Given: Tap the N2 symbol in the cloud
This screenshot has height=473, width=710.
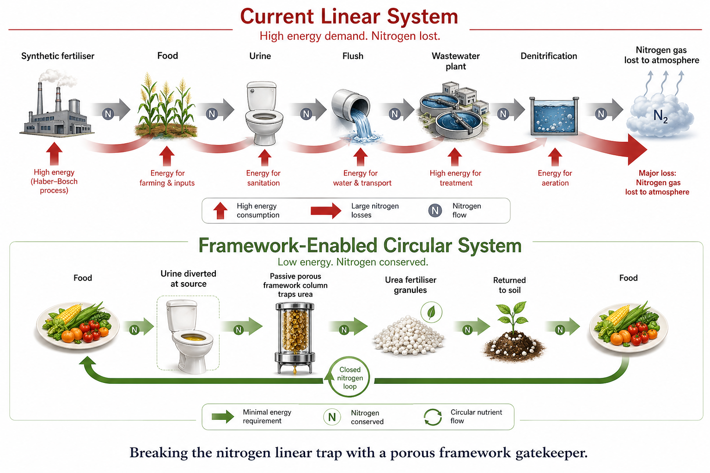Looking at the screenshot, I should coord(661,116).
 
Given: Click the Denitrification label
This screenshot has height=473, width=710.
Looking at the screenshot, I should coord(549,56).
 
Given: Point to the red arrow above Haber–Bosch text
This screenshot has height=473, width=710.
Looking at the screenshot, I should coord(54,153).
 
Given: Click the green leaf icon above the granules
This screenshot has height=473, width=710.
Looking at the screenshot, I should coord(431,312).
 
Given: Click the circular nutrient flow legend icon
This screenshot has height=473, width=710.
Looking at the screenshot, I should coord(433,417).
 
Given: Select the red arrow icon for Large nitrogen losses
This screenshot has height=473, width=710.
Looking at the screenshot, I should coord(325,211).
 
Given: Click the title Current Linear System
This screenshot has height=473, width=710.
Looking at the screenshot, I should coord(349,17).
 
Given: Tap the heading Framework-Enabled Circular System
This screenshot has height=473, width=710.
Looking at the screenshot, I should coord(360,246).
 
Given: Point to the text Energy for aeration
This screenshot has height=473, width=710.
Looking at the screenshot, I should coord(555,178).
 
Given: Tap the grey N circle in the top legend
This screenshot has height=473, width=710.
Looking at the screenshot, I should coord(435,211).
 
